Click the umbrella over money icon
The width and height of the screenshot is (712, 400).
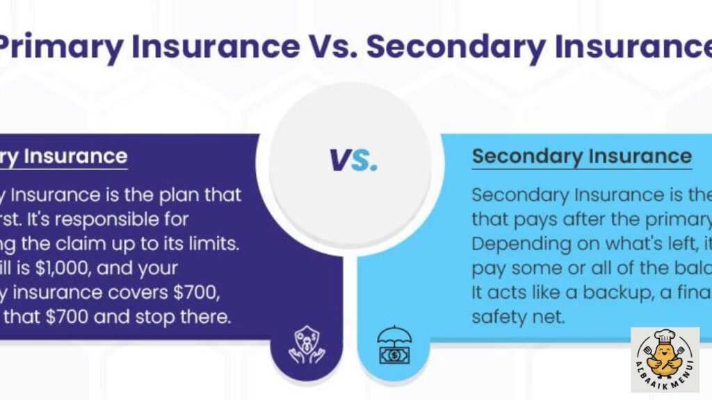394,344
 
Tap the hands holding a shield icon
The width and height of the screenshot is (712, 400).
306,345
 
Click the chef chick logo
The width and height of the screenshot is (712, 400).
664,359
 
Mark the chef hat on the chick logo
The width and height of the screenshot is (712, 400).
665,340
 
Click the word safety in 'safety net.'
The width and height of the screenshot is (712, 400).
494,317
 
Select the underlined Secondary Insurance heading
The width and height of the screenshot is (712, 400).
581,156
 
